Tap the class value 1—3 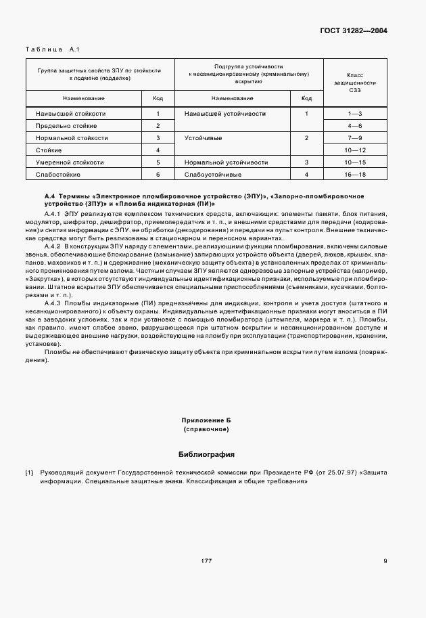tap(355, 114)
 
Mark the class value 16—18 tap(355, 175)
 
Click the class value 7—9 tap(355, 138)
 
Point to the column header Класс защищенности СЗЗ tap(355, 83)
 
